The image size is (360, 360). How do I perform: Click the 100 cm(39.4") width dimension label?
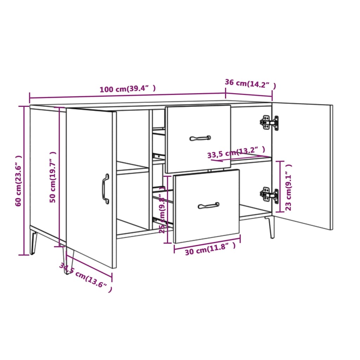[x=128, y=89]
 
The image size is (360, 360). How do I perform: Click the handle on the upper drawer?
[x=200, y=138]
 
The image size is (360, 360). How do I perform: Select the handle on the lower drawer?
[x=208, y=205]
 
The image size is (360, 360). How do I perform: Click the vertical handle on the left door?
[x=105, y=188]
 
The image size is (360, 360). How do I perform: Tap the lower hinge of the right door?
[x=269, y=194]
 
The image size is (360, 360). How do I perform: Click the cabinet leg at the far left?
[x=34, y=242]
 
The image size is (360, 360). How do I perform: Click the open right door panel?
[x=302, y=165]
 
